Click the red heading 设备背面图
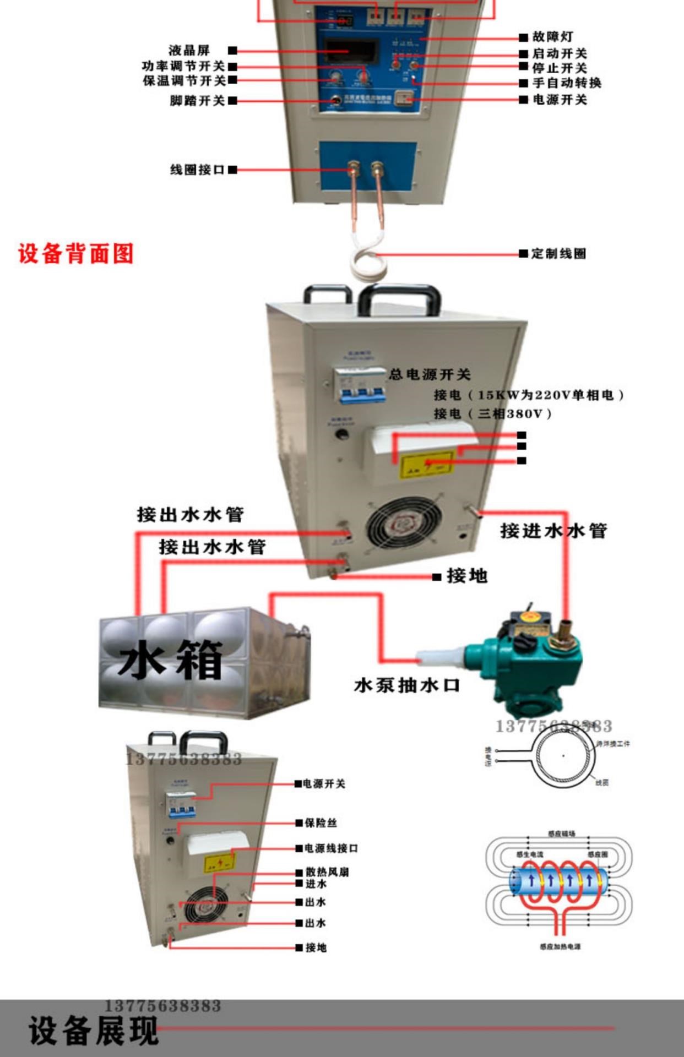76,254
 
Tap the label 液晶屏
189,51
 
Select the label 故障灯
552,37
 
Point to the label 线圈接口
197,170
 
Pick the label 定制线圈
558,254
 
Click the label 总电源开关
430,374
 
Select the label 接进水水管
553,531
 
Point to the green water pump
529,661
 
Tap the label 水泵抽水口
407,685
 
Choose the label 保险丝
321,822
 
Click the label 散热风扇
327,872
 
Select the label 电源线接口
331,848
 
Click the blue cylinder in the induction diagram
560,881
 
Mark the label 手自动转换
567,83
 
